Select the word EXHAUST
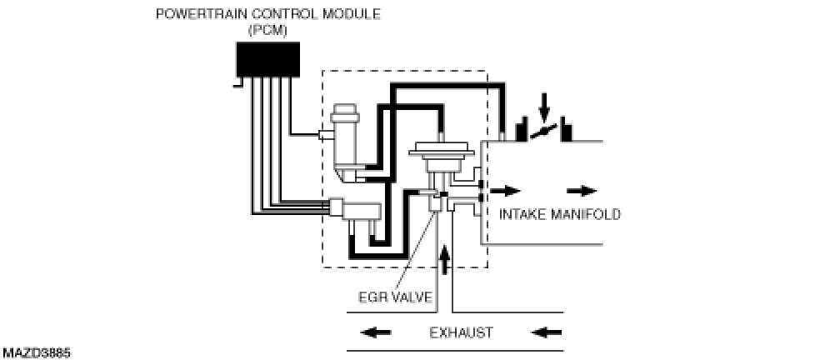461,333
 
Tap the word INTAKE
522,214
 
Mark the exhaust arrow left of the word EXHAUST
375,333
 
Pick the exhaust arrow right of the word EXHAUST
547,333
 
